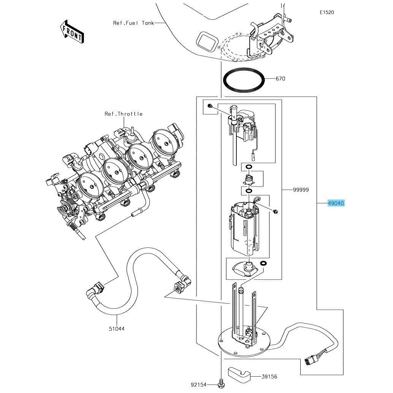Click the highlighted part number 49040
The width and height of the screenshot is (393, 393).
[336, 203]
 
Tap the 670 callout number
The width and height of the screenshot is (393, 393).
[280, 79]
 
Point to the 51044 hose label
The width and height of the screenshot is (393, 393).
[117, 328]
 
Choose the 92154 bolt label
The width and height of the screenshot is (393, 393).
[198, 385]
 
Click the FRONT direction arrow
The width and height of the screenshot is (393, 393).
[72, 31]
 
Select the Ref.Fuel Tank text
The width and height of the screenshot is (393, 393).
[133, 23]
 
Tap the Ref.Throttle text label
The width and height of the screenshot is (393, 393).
[124, 114]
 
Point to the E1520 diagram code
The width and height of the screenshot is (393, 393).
[326, 13]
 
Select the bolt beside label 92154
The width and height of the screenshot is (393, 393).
[221, 385]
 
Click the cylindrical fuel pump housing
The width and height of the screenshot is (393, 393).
[245, 230]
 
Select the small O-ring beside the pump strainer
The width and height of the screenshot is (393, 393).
[263, 263]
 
